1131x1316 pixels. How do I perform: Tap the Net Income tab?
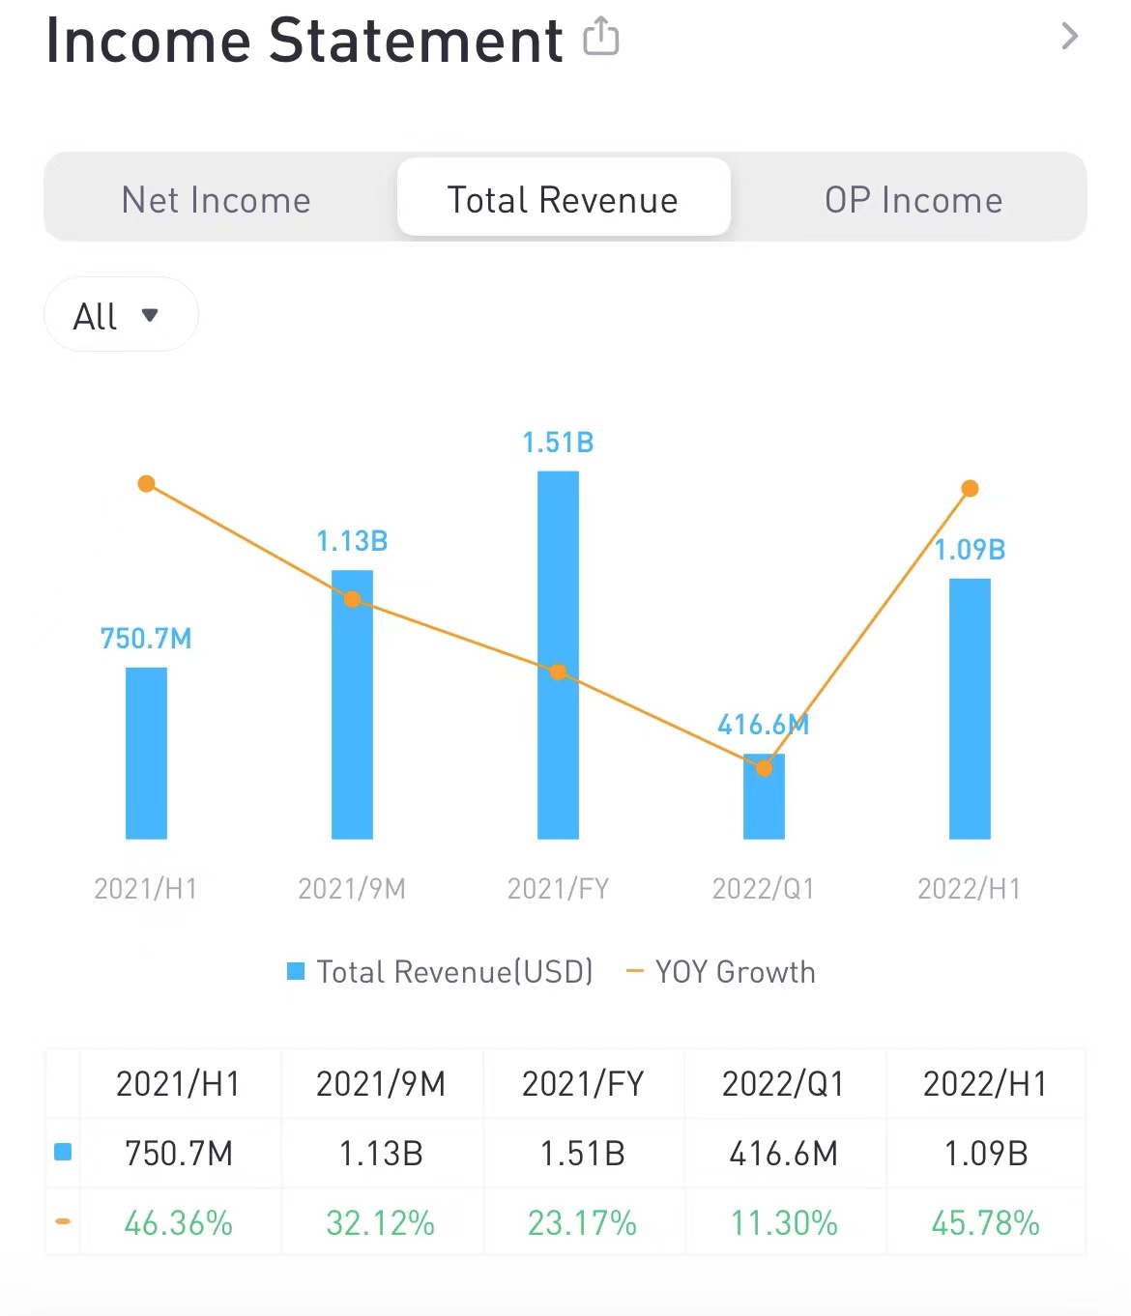click(x=216, y=200)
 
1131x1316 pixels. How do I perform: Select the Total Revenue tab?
click(x=563, y=199)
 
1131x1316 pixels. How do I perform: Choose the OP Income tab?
click(x=913, y=200)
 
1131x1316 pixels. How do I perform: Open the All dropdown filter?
click(x=120, y=315)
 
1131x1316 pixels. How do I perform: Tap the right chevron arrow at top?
click(x=1069, y=37)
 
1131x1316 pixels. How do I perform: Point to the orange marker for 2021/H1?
click(x=146, y=483)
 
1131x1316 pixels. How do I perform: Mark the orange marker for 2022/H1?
click(x=970, y=489)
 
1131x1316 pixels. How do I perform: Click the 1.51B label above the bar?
click(x=558, y=443)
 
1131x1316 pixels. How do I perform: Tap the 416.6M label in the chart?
click(x=763, y=725)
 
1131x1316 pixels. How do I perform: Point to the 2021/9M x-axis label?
click(x=352, y=888)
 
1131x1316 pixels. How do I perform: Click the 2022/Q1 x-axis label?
click(x=763, y=888)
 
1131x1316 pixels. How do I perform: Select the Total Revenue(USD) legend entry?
click(x=441, y=971)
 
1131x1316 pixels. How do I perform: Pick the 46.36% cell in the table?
click(x=179, y=1223)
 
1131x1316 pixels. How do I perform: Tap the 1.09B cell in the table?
click(x=985, y=1153)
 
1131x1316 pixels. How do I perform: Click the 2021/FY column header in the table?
click(x=583, y=1084)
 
